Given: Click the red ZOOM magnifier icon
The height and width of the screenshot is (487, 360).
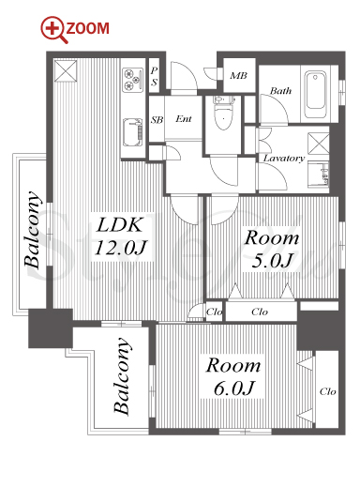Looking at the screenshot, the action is (53, 29).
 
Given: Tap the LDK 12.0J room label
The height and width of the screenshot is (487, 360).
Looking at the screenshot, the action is (120, 236).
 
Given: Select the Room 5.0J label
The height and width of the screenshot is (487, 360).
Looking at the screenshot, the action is (272, 250).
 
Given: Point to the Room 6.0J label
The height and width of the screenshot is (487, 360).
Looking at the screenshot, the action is (233, 376).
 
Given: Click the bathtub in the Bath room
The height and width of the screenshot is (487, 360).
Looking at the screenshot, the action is (315, 90).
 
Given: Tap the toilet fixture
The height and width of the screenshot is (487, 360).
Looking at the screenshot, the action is (223, 113).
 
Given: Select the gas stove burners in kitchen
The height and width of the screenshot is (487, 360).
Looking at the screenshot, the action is (132, 80).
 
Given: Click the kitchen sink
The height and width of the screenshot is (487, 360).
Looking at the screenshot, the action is (133, 132).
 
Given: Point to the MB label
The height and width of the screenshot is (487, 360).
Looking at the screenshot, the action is (238, 75).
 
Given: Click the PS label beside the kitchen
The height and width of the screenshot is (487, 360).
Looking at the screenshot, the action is (154, 76).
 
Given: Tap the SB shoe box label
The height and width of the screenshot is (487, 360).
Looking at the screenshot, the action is (157, 120).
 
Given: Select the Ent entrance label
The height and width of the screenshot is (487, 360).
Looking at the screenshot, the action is (184, 119).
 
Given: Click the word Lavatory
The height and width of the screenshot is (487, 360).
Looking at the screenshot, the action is (284, 159).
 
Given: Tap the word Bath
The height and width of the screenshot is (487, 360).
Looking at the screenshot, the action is (280, 91).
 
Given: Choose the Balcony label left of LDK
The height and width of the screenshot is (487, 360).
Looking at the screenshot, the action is (33, 229).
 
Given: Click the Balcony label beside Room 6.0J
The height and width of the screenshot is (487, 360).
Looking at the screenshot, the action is (122, 376).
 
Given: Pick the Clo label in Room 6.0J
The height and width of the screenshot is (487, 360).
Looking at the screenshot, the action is (327, 391).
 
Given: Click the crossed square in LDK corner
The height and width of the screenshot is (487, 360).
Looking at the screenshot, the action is (66, 71).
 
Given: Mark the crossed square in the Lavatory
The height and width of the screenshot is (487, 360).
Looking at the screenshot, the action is (319, 144).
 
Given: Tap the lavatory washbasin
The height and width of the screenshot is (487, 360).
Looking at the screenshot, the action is (319, 175).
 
